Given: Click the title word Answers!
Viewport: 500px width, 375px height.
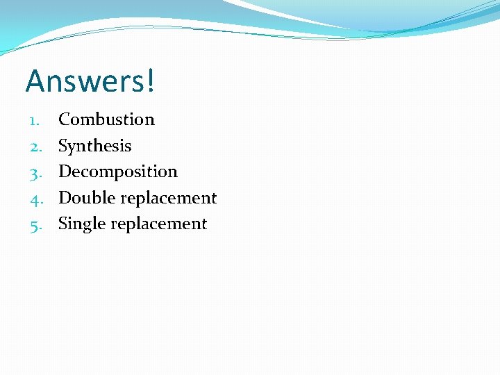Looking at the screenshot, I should (91, 81).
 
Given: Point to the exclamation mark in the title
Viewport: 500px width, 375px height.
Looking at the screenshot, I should (150, 81).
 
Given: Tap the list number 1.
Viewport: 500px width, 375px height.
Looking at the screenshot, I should (35, 120).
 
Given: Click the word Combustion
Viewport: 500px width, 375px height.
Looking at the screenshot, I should (106, 119).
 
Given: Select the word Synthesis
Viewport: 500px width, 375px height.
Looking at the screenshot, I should (94, 146).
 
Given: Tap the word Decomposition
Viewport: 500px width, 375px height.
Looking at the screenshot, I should (118, 172).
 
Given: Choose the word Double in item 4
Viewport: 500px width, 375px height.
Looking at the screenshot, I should (87, 198).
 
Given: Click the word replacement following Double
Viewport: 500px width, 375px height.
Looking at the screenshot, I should (169, 199).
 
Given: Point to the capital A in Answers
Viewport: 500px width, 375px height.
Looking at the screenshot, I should (35, 81).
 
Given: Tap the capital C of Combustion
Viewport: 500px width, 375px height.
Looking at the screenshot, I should (64, 119).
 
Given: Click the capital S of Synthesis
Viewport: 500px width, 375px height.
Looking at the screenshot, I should (63, 146).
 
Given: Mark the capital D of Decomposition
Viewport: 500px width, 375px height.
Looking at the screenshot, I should (65, 172).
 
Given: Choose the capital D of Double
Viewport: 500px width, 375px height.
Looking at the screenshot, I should (65, 198).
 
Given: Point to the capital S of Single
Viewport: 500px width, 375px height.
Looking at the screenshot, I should (63, 224).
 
